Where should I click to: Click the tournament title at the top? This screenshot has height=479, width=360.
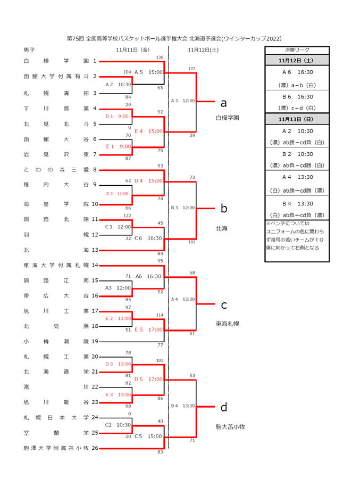tap(174, 38)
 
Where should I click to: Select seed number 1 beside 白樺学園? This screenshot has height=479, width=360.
tap(95, 61)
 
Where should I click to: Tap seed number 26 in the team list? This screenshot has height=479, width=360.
tap(95, 448)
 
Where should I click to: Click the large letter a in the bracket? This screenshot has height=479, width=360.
tap(223, 103)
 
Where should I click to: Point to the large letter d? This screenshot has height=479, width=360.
tap(224, 407)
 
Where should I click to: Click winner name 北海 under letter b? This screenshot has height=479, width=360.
tap(221, 228)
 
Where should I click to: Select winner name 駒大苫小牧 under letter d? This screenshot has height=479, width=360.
tap(230, 426)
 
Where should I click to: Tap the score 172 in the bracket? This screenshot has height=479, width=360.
tap(192, 69)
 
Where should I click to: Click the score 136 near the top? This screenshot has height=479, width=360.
tap(160, 57)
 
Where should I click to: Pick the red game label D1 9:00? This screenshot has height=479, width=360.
tap(117, 116)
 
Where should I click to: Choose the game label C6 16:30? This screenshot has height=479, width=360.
tap(148, 238)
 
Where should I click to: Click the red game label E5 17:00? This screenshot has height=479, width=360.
tap(149, 329)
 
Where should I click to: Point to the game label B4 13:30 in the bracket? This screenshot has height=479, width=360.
tap(183, 406)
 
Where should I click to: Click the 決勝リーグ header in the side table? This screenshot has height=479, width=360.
tap(297, 50)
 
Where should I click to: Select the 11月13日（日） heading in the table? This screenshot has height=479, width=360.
tap(296, 119)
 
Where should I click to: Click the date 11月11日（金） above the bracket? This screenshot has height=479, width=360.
tap(133, 50)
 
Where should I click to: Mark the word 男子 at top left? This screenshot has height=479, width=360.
tap(29, 50)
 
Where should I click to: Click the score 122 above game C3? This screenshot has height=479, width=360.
tap(127, 216)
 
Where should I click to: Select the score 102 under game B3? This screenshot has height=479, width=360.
tap(192, 242)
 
